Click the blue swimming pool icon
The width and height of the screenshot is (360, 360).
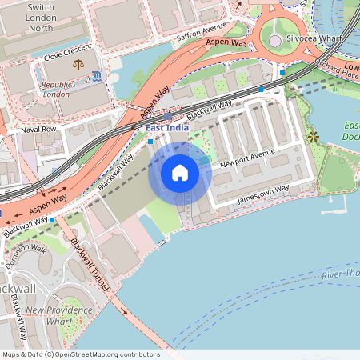tap(97, 76)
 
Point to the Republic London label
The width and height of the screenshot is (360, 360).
tap(66, 88)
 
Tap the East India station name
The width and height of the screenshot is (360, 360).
tap(166, 128)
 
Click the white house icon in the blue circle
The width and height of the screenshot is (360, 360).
tap(180, 173)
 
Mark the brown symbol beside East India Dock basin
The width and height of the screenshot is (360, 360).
tap(313, 137)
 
